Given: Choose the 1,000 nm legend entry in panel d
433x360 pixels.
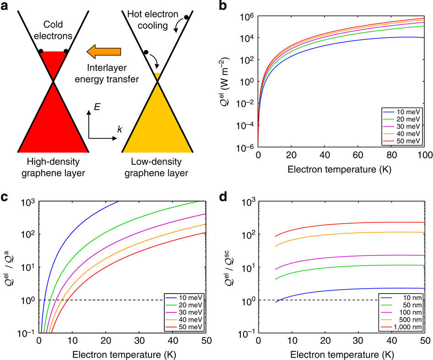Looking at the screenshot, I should (406, 328).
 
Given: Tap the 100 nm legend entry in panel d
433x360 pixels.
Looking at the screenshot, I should (407, 313).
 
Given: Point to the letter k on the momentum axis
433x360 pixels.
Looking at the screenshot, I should (119, 130).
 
